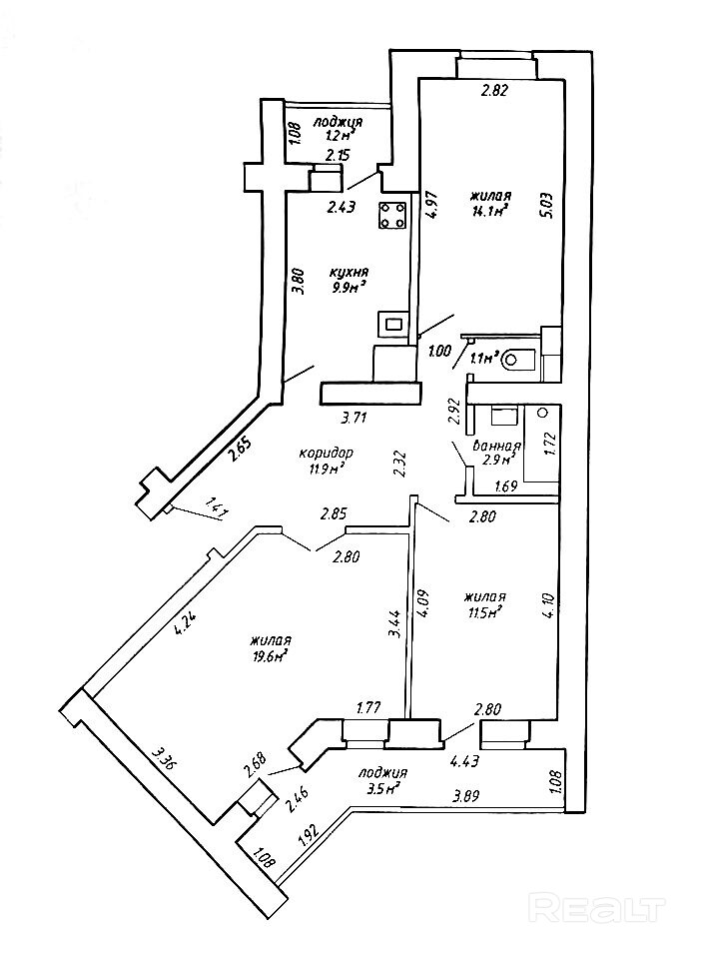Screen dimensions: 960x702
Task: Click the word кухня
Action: click(351, 272)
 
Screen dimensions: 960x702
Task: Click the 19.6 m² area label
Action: click(270, 655)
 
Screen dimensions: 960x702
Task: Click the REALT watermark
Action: click(598, 908)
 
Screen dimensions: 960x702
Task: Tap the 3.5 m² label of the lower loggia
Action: click(381, 787)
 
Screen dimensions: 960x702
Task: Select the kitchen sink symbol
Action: click(392, 324)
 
